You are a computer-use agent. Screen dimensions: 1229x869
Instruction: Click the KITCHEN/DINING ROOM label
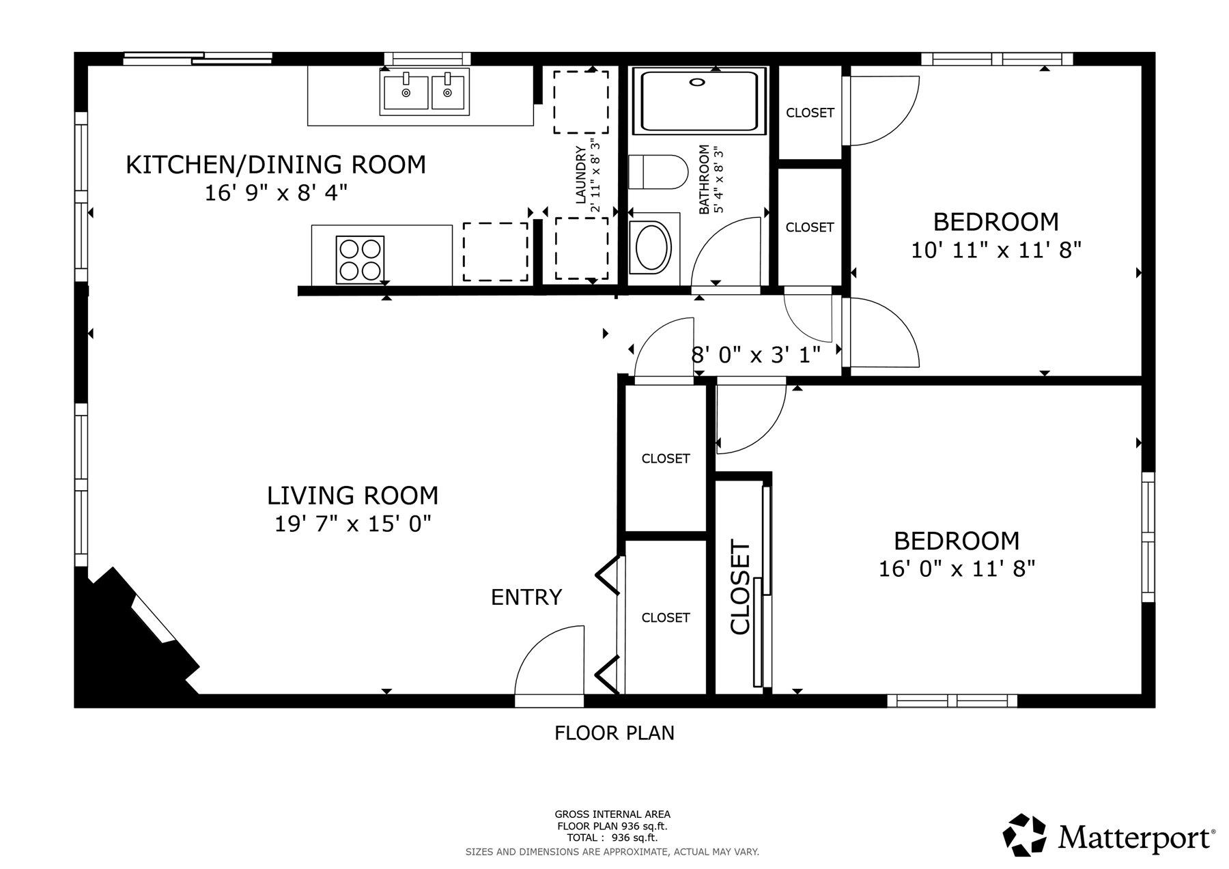(x=276, y=165)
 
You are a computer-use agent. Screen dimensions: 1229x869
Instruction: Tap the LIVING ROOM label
(x=352, y=495)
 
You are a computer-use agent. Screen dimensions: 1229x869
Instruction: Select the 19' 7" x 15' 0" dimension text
(x=352, y=524)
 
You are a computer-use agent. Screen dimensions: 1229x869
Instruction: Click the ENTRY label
(x=526, y=597)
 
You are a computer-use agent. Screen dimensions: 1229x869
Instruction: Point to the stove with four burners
(x=360, y=259)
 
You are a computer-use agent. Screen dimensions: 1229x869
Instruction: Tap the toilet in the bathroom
(x=657, y=171)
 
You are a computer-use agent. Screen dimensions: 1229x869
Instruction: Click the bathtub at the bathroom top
(x=700, y=101)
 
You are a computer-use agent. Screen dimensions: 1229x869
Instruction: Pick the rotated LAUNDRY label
(x=581, y=175)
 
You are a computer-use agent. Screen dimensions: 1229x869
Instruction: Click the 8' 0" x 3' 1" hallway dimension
(x=756, y=355)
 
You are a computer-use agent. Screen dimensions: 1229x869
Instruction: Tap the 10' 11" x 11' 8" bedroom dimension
(x=996, y=251)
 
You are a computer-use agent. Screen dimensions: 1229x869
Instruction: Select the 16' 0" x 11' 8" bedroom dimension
(x=957, y=569)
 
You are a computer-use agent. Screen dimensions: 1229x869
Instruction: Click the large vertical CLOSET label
(x=741, y=588)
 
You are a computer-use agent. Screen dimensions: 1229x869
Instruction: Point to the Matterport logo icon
(x=1024, y=834)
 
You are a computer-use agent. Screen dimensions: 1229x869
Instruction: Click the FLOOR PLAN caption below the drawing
(x=614, y=733)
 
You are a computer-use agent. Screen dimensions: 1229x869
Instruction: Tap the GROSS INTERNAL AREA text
(x=612, y=814)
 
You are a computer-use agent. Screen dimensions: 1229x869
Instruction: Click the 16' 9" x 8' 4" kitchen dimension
(x=276, y=193)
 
